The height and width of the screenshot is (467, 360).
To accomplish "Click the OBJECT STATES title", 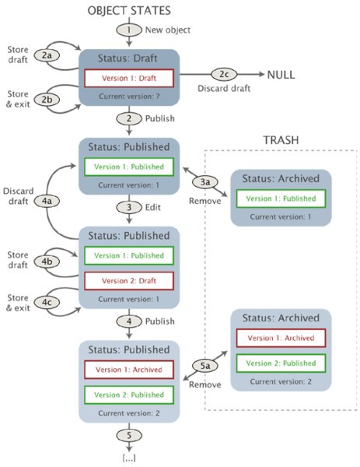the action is click(129, 10).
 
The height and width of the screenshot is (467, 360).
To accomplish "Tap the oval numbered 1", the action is click(129, 30).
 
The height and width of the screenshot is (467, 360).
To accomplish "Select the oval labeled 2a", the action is click(47, 55).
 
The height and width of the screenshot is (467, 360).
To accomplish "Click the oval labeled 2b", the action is click(47, 100).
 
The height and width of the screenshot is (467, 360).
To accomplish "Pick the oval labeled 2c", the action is click(224, 74).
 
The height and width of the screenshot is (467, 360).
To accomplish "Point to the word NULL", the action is click(281, 75).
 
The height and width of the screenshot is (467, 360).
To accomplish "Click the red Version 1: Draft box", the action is click(129, 78).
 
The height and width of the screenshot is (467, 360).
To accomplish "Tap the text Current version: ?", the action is click(129, 97).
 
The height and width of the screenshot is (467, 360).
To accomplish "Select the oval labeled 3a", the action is click(205, 181).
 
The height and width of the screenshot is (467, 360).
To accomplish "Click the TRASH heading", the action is click(281, 140).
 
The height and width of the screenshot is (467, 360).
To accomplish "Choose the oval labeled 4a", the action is click(47, 201).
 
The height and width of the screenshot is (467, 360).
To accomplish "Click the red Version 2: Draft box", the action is click(129, 281).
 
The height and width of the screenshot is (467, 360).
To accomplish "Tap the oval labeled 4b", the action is click(47, 262).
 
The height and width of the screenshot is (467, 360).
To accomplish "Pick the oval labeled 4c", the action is click(47, 302).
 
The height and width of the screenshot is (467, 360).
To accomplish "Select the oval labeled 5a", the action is click(205, 366).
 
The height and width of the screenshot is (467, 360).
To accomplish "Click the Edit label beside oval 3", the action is click(153, 207).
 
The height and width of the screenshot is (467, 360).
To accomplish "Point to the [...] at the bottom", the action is click(129, 458).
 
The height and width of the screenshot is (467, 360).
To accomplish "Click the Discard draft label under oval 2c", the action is click(224, 88).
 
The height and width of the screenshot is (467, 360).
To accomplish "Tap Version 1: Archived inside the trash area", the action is click(281, 338).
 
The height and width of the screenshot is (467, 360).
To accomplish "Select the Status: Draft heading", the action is click(128, 58).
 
